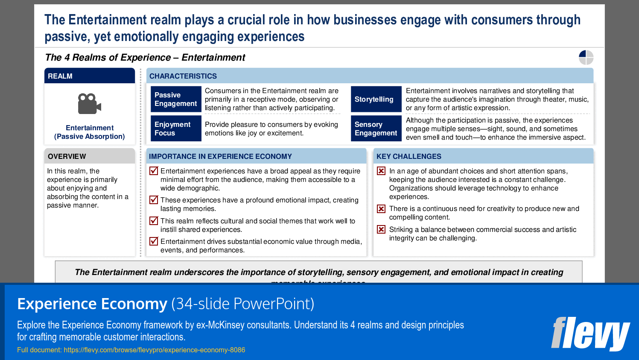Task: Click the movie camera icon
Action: [x=89, y=104]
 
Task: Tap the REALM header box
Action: [x=90, y=76]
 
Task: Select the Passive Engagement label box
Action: [x=175, y=100]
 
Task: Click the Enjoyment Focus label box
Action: [x=175, y=129]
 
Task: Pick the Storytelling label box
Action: [x=376, y=100]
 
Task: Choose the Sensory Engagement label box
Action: [x=376, y=129]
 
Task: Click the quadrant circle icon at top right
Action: [x=586, y=57]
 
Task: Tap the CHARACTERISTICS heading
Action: [x=183, y=76]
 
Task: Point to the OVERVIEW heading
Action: [x=67, y=156]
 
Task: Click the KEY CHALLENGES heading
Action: [x=409, y=156]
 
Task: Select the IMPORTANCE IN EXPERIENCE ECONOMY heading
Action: [x=220, y=156]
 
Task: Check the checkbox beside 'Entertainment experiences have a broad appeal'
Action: [x=154, y=171]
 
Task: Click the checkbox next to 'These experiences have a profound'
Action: [x=154, y=200]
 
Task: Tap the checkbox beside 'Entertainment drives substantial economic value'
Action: [x=154, y=241]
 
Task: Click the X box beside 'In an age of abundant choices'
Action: [x=381, y=171]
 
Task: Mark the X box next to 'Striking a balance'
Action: [x=381, y=229]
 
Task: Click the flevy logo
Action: [x=590, y=334]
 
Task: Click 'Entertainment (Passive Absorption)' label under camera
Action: [x=90, y=132]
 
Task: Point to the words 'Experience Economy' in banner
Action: [x=92, y=304]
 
